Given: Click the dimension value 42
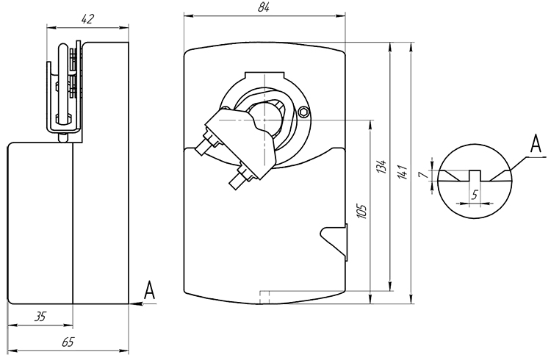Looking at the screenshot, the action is [87, 19].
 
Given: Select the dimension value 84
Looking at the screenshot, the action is [264, 7].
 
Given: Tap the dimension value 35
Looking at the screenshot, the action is [40, 317].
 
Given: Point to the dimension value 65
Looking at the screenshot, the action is [68, 342].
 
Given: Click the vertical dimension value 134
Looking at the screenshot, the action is [381, 166].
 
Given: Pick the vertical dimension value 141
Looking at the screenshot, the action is [403, 172].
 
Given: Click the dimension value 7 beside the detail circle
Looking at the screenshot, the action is [425, 174].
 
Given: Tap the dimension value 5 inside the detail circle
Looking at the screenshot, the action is [475, 195].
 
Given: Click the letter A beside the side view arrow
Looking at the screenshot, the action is [150, 290].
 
